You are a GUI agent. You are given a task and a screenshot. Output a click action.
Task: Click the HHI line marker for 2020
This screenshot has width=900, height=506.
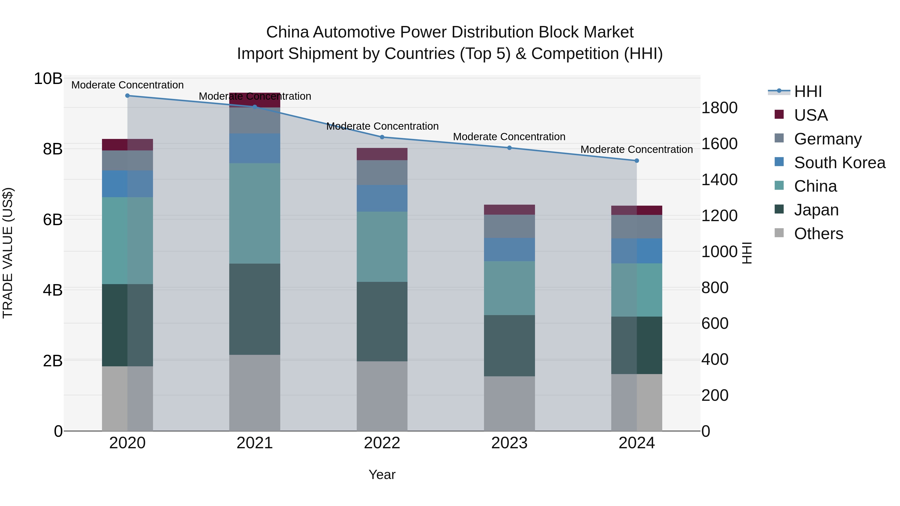[127, 96]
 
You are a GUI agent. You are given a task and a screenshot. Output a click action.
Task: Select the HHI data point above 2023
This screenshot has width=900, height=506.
[509, 148]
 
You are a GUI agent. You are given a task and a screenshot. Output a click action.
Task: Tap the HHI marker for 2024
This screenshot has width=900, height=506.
[636, 161]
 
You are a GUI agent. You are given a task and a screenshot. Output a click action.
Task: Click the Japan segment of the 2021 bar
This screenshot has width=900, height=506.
[255, 309]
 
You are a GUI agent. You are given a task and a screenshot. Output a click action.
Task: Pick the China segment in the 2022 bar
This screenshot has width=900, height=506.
[382, 247]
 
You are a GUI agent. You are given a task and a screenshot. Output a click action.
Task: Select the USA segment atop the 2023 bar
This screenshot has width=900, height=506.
[509, 210]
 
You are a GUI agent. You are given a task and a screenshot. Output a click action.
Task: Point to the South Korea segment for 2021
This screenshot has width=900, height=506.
[255, 148]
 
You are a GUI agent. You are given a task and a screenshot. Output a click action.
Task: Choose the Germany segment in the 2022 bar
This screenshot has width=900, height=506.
[382, 172]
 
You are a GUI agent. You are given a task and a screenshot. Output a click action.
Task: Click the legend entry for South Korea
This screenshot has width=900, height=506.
[839, 162]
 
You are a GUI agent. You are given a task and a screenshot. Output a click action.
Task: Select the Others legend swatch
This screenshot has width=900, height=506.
[779, 233]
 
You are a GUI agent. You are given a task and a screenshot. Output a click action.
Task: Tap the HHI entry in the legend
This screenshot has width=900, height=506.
[808, 91]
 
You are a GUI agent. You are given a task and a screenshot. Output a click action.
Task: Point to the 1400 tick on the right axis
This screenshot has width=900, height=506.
[719, 180]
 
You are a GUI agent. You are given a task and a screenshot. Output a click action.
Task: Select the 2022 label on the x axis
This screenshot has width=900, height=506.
[382, 443]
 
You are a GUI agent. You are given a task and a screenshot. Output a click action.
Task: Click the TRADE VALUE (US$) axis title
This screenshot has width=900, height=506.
[8, 253]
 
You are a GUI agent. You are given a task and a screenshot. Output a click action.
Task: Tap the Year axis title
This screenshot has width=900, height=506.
[382, 475]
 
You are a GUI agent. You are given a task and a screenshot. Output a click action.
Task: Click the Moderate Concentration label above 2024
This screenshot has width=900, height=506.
[636, 149]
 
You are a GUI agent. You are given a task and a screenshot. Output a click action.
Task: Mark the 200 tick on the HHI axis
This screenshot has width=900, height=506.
[715, 395]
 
